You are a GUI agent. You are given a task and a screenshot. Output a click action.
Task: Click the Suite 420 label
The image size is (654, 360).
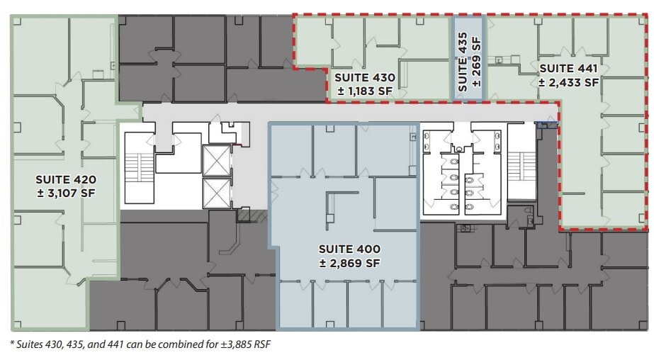(x=66, y=179)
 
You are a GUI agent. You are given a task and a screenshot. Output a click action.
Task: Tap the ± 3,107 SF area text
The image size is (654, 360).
(x=66, y=193)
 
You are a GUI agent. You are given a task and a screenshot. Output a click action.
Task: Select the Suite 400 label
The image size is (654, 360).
(x=349, y=249)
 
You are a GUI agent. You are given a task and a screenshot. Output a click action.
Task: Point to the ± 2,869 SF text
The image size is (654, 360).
(x=349, y=263)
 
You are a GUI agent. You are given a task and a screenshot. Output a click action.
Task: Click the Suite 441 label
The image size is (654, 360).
(x=568, y=69)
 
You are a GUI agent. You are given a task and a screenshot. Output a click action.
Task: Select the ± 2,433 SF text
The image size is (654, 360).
(x=568, y=82)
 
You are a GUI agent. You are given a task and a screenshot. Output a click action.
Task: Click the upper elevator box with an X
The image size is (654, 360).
(x=216, y=160)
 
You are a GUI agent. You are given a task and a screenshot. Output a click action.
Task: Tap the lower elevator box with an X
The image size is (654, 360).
(x=216, y=193)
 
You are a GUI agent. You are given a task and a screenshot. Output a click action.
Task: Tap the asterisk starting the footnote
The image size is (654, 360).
(x=12, y=344)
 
